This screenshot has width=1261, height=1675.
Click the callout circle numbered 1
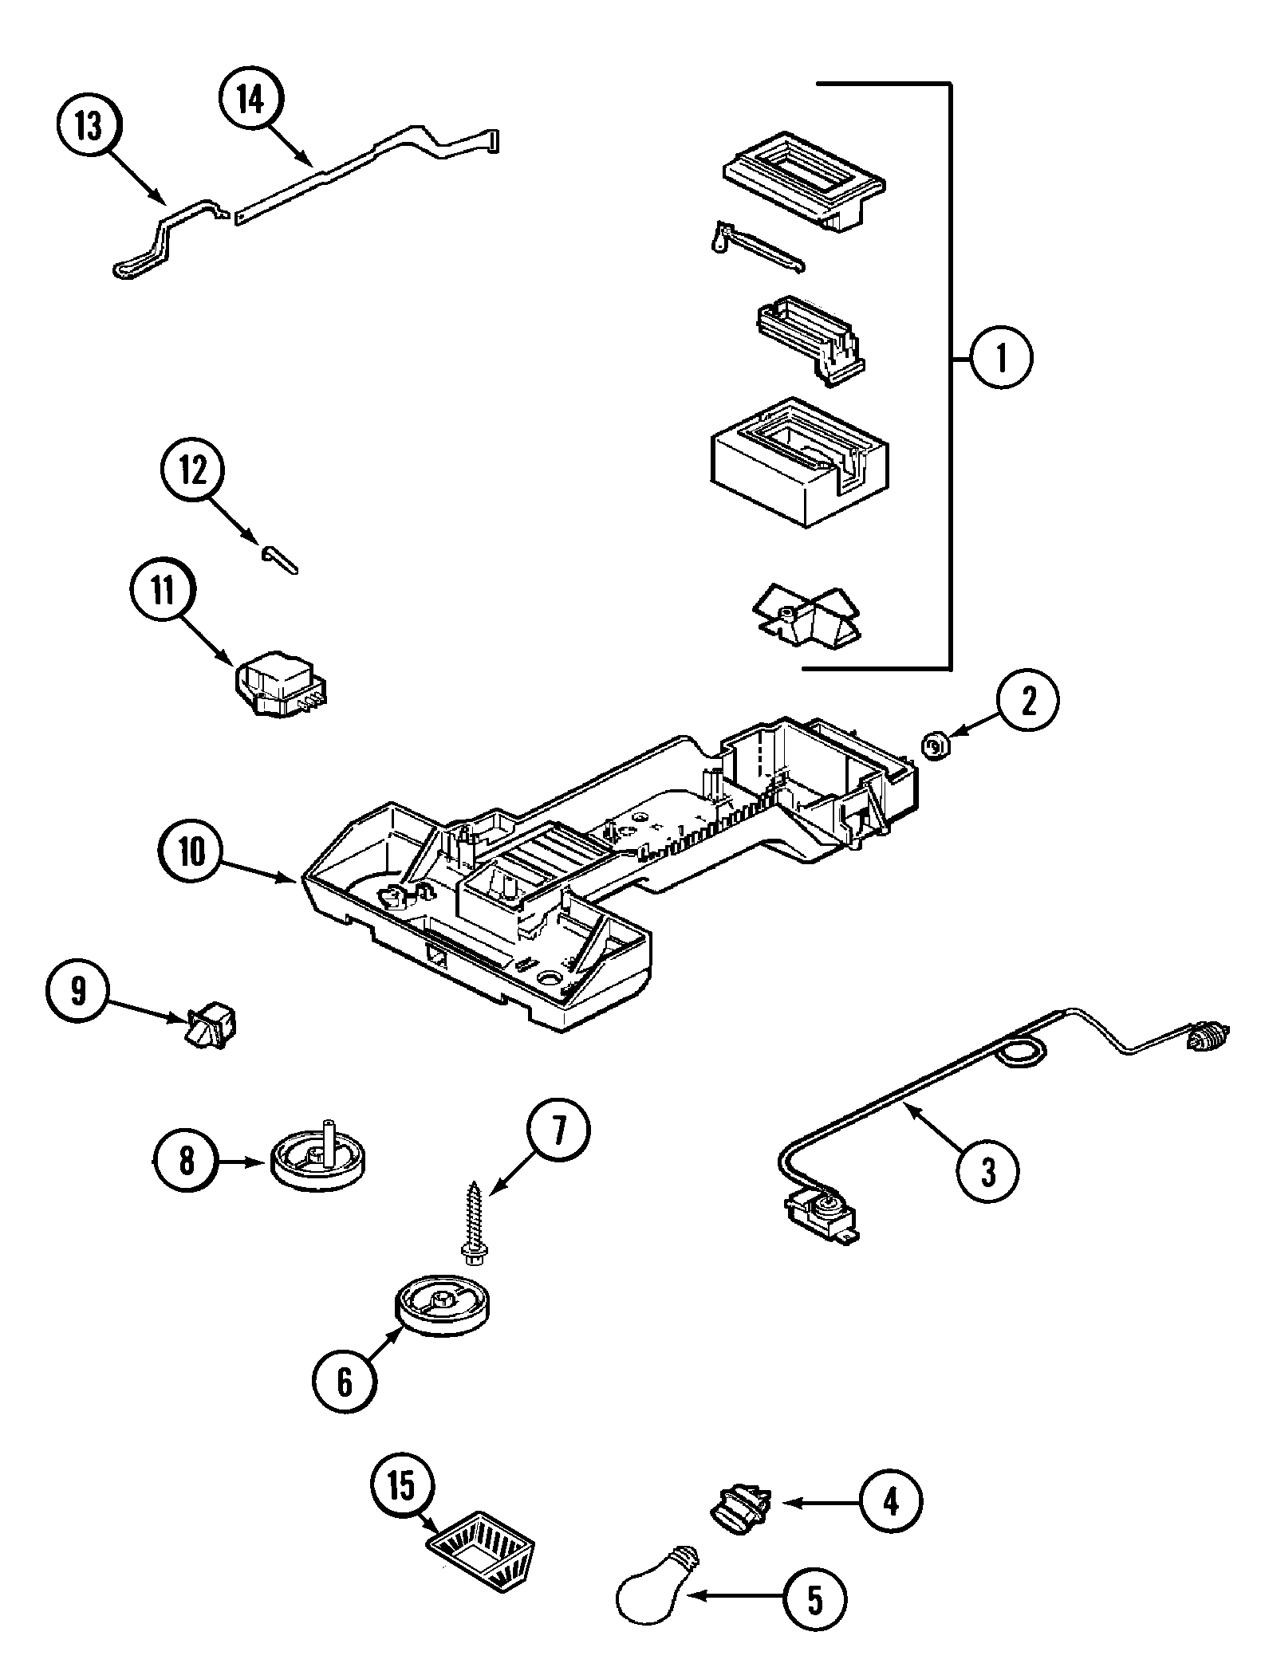(x=1001, y=358)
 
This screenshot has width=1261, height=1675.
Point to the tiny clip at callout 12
(x=279, y=558)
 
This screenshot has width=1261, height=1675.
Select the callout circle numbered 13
(x=89, y=127)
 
